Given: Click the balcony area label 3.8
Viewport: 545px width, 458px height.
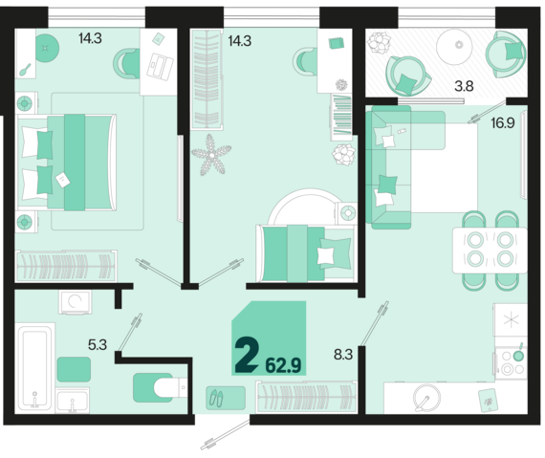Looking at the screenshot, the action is point(464,85).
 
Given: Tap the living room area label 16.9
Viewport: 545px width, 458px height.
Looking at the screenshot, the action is point(503,122).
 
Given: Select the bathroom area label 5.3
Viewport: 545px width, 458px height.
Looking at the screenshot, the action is point(98,345).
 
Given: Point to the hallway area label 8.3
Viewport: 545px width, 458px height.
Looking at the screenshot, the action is point(343,355).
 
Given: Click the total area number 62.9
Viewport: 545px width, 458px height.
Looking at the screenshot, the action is point(283,365).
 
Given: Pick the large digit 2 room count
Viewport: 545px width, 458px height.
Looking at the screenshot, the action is point(247,355).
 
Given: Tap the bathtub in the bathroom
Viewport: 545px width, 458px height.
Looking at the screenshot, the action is point(34,368).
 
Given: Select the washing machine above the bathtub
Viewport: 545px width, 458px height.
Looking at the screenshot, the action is point(76,302).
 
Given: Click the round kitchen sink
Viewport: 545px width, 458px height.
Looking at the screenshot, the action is point(426,397).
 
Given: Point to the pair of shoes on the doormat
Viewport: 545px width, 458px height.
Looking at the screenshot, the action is point(216,398).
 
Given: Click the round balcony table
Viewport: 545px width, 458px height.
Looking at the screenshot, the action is point(454,47).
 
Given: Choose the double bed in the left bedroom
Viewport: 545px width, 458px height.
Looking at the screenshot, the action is point(66,163).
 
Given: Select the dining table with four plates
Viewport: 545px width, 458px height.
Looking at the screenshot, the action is point(490,251).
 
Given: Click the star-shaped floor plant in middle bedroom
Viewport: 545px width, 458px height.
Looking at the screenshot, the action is point(211,155).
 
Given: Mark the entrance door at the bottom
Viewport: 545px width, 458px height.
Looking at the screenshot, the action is point(226,434).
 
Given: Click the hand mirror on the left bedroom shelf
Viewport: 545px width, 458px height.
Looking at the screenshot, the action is point(25,70).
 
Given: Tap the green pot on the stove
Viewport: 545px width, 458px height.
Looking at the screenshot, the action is point(518,355).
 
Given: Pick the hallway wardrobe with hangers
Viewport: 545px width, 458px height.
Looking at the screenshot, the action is point(307,397).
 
